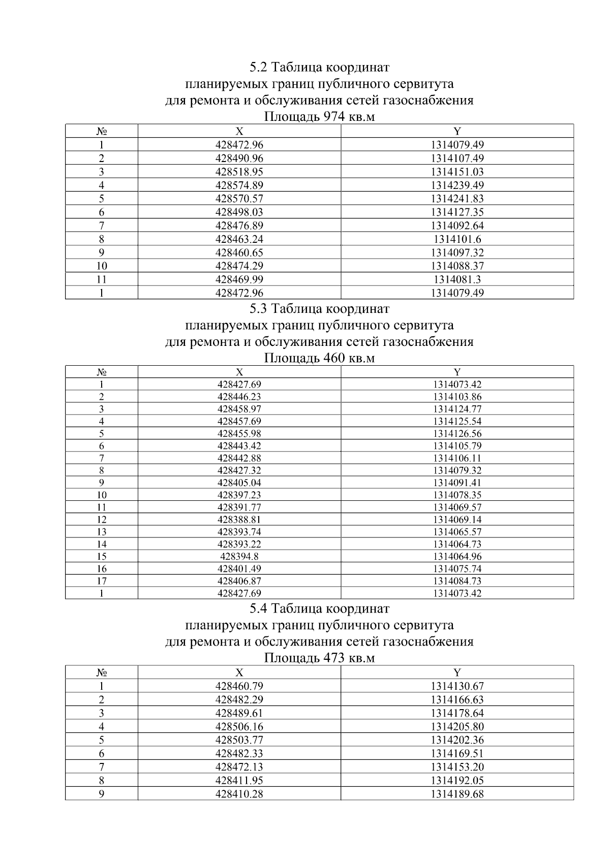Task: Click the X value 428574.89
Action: click(239, 185)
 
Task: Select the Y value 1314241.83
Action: click(457, 199)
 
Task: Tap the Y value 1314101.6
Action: click(457, 239)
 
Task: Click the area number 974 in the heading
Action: click(334, 117)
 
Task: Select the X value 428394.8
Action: click(239, 556)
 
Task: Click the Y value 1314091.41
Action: click(457, 483)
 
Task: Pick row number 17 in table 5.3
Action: click(101, 581)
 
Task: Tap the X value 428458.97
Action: click(239, 409)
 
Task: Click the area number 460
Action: click(334, 358)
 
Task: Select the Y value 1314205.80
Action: click(457, 726)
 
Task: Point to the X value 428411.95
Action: click(239, 780)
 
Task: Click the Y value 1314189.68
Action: click(457, 794)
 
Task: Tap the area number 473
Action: click(334, 658)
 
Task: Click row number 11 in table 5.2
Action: click(101, 279)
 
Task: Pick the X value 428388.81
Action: click(239, 520)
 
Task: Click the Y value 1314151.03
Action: click(457, 172)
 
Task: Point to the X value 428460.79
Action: click(239, 686)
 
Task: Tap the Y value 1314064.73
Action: click(457, 544)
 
